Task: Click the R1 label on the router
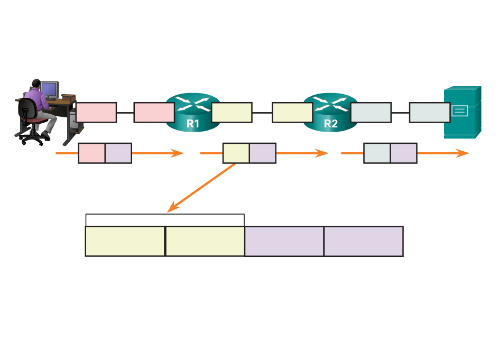coord(193,124)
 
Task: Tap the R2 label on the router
coord(330,124)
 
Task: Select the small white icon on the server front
coord(459,111)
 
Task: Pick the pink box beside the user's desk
coord(96,113)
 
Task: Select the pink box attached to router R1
coord(154,113)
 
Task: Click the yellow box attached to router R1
coord(232,113)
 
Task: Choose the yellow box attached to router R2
coord(292,113)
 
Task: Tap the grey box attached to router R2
coord(371,113)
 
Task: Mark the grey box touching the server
coord(429,113)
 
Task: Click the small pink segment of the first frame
coord(91,153)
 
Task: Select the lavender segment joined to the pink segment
coord(118,153)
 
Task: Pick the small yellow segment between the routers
coord(236,153)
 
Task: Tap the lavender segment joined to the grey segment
coord(403,153)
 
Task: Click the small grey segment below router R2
coord(377,153)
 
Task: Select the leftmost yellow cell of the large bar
coord(125,242)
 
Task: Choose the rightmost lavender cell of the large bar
coord(364,242)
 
